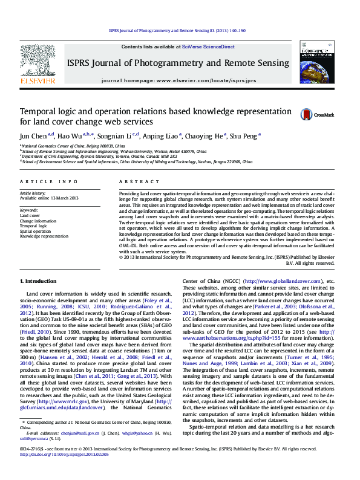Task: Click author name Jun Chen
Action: point(34,135)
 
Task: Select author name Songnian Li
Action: point(117,135)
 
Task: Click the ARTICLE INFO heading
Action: point(49,181)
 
